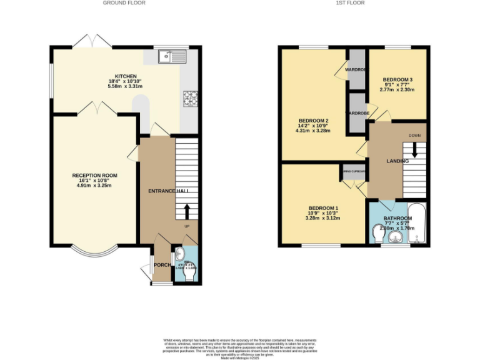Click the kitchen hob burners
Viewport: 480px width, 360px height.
pyautogui.click(x=190, y=98)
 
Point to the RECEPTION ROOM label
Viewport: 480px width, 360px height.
pyautogui.click(x=94, y=175)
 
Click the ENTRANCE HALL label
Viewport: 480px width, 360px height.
pyautogui.click(x=169, y=191)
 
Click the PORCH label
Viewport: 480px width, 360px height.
pyautogui.click(x=162, y=265)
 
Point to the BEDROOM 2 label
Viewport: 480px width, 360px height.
pyautogui.click(x=313, y=121)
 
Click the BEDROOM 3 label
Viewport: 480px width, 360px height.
pyautogui.click(x=397, y=80)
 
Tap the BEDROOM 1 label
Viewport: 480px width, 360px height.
pyautogui.click(x=323, y=208)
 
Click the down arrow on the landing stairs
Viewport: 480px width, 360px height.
pyautogui.click(x=414, y=152)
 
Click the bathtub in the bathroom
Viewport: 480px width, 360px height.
pyautogui.click(x=417, y=222)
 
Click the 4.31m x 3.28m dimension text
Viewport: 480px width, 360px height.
pyautogui.click(x=313, y=132)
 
